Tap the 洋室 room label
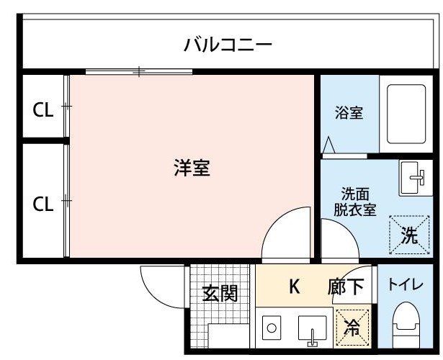pos(191,169)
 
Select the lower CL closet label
pos(43,204)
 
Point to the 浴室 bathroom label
pos(349,114)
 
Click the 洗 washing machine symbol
pos(408,235)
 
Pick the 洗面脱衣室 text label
pos(355,202)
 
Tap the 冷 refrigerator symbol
pos(353,326)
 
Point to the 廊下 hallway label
pos(346,287)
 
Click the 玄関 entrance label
pos(219,293)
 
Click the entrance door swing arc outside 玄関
pos(158,284)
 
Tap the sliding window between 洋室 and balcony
pos(139,71)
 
